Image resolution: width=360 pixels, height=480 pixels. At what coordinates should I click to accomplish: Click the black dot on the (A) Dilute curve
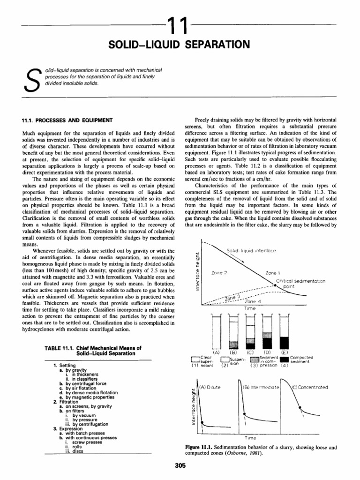tap(202, 423)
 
